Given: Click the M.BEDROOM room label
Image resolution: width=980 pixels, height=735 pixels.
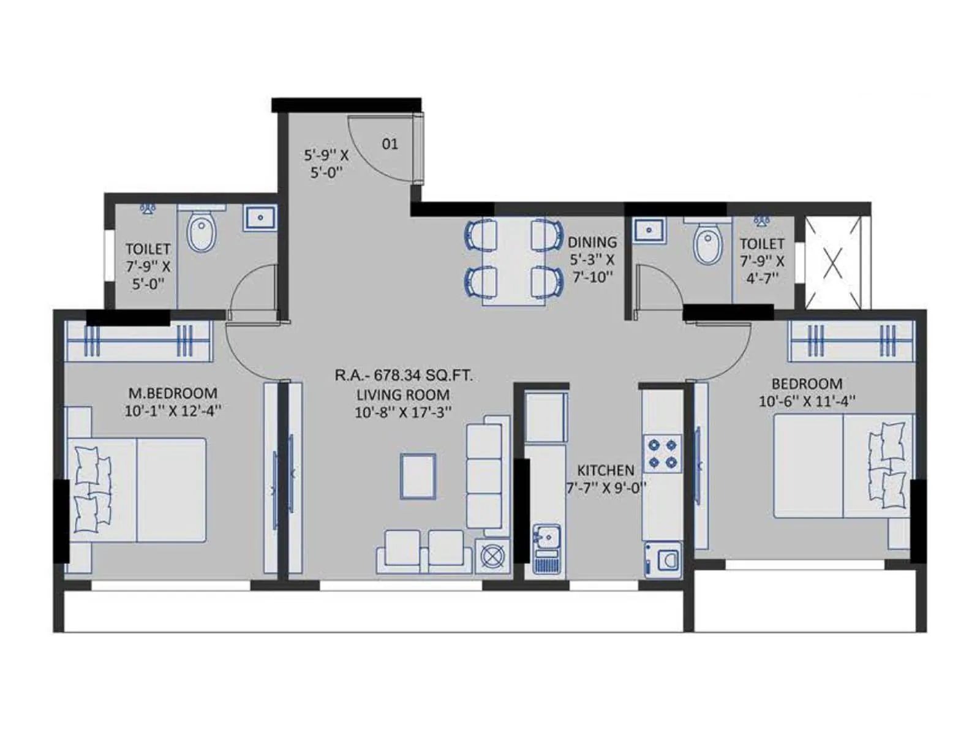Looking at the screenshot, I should pyautogui.click(x=172, y=393).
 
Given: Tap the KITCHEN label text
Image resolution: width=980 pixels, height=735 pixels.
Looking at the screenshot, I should pyautogui.click(x=605, y=470).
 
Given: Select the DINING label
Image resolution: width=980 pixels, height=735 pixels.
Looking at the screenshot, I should pyautogui.click(x=592, y=242).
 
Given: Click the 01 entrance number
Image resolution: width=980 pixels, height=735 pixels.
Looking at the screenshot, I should pyautogui.click(x=390, y=144).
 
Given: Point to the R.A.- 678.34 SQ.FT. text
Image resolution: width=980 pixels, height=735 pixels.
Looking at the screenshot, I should pyautogui.click(x=403, y=375).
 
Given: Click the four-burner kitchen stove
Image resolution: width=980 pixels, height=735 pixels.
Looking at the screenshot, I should pyautogui.click(x=662, y=453).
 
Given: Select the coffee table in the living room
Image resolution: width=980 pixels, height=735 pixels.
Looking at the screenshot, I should pyautogui.click(x=418, y=476).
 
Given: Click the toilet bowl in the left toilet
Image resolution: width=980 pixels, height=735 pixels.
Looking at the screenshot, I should pyautogui.click(x=202, y=233).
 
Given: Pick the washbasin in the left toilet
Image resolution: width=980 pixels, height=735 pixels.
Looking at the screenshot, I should pyautogui.click(x=261, y=217).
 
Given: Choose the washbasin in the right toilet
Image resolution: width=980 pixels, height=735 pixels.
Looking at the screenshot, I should pyautogui.click(x=649, y=230).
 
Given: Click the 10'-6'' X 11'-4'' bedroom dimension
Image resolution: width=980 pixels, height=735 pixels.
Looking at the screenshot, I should pyautogui.click(x=807, y=401).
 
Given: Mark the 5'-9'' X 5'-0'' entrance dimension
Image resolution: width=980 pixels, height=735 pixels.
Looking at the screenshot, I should pyautogui.click(x=326, y=164).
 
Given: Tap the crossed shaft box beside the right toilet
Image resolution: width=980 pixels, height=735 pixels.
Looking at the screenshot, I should pyautogui.click(x=832, y=263).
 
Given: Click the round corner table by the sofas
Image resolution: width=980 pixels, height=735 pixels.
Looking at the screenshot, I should pyautogui.click(x=492, y=556).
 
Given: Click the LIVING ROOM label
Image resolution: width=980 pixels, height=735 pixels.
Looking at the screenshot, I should pyautogui.click(x=403, y=395).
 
